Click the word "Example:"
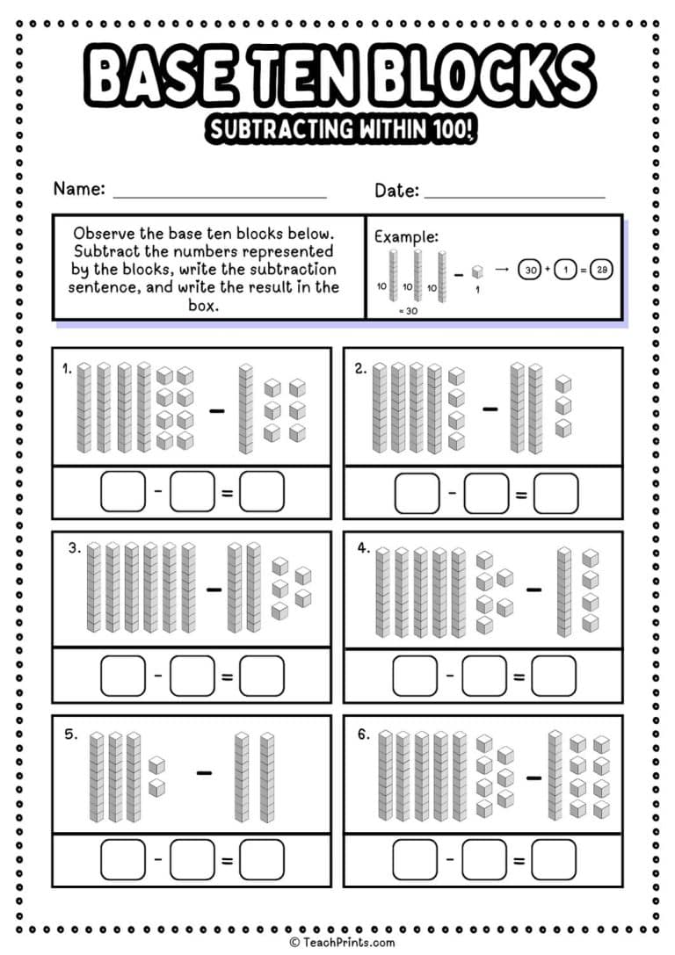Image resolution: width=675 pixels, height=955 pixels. [x=406, y=236]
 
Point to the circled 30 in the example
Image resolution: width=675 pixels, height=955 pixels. [x=530, y=270]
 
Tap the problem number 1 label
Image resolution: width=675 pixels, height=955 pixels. [x=66, y=369]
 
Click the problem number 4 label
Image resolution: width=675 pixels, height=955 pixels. [x=362, y=548]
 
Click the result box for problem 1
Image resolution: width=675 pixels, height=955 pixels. [x=262, y=493]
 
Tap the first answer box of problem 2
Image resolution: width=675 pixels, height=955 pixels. [x=416, y=493]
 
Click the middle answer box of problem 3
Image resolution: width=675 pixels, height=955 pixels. [x=192, y=676]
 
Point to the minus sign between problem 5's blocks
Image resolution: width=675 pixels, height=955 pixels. [x=204, y=773]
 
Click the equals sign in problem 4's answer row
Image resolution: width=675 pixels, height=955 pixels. [x=519, y=678]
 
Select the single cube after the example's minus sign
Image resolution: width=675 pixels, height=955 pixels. [x=475, y=271]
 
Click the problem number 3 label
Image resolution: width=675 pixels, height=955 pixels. [x=75, y=548]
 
